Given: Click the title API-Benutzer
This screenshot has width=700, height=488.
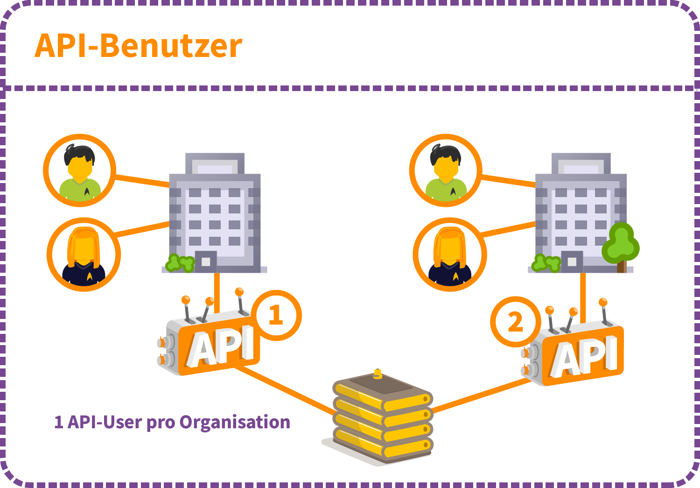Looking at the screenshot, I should coord(138,46).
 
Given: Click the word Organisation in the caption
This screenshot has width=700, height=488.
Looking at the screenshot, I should coord(235,422).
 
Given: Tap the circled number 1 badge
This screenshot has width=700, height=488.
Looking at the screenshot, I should coord(276,315).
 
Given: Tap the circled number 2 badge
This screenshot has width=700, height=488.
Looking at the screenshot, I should coord(515,322).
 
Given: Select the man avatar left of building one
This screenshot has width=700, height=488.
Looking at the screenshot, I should coord(80,170).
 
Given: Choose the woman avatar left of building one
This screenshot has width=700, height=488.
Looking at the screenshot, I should coord(84,255).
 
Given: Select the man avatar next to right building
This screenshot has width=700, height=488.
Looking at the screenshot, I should coord(446,170).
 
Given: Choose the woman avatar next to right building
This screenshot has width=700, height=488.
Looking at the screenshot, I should coord(450,255).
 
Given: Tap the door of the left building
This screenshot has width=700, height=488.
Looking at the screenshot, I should coord(205,262).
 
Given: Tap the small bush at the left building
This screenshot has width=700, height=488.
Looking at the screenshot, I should coord(180,263).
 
